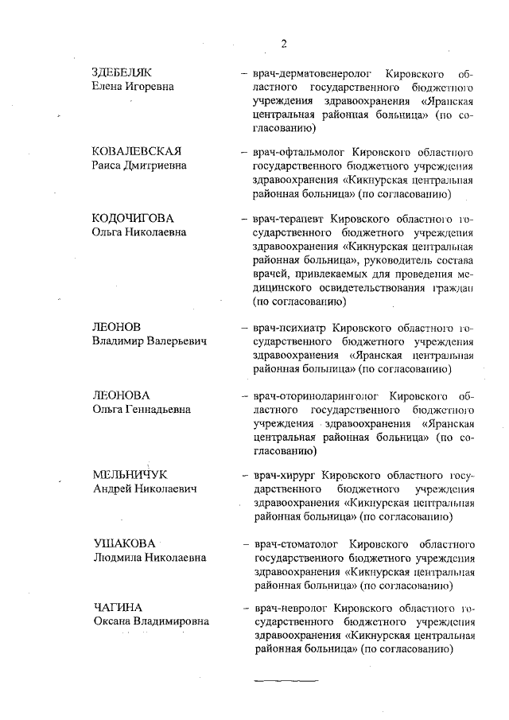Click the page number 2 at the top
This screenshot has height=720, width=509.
282,42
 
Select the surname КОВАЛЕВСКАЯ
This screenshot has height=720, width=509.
138,151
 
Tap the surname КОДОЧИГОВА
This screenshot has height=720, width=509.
132,218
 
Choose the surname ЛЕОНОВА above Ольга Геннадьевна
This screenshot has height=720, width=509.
122,395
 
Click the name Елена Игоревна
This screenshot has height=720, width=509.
133,86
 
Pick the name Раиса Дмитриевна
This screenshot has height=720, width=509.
139,165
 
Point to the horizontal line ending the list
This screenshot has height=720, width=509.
286,681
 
